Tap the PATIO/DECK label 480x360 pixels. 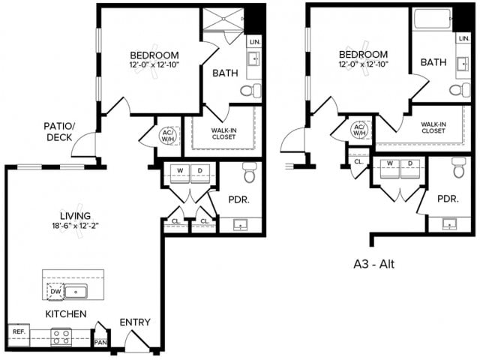58,132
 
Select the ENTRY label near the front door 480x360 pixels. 135,322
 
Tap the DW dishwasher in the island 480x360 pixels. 55,291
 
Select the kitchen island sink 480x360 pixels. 76,291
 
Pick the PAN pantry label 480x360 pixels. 100,342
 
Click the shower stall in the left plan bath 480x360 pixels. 223,20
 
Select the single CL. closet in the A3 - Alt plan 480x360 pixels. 358,160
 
